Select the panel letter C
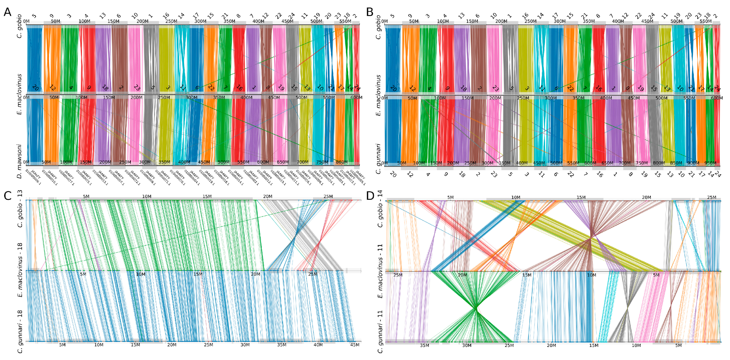8,196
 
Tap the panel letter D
370,196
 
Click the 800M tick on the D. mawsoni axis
341,162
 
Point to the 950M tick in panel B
710,163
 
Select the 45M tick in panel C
355,345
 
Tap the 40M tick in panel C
318,345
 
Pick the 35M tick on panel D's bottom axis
425,345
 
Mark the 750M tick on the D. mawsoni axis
322,162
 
